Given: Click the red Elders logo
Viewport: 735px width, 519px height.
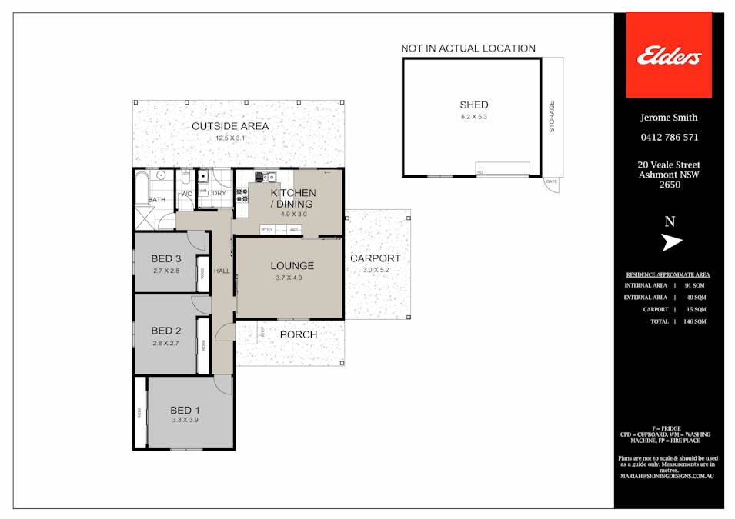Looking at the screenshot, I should [x=669, y=55].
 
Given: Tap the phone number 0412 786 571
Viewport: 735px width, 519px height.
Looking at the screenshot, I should [x=669, y=138].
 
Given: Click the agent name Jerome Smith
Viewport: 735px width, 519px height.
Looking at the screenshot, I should [x=669, y=118].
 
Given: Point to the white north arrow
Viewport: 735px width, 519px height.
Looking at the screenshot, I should [x=672, y=242].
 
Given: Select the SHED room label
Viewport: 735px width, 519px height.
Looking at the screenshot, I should [x=473, y=105].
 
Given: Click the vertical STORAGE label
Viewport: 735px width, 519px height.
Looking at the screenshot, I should [x=552, y=117].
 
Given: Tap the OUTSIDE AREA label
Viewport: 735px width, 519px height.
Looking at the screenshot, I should [x=230, y=126].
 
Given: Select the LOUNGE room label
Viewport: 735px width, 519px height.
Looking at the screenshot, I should [x=292, y=266].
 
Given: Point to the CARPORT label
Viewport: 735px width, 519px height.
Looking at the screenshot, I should [x=375, y=258].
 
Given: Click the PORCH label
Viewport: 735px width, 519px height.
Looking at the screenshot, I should [x=298, y=334].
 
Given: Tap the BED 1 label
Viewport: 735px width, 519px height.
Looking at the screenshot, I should [x=185, y=410].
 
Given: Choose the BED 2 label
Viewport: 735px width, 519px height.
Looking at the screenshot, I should [x=165, y=331].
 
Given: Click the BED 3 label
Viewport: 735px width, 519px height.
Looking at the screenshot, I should [x=165, y=259].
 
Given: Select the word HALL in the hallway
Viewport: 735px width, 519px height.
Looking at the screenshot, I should [x=222, y=271].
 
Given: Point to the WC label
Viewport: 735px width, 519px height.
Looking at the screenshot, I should [x=186, y=195].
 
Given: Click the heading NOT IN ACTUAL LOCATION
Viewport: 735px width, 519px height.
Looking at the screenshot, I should [x=468, y=48].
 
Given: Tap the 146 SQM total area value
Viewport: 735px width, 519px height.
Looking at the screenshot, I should [x=694, y=321].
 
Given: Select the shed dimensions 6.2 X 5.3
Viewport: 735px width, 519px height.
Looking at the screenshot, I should [x=473, y=117].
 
